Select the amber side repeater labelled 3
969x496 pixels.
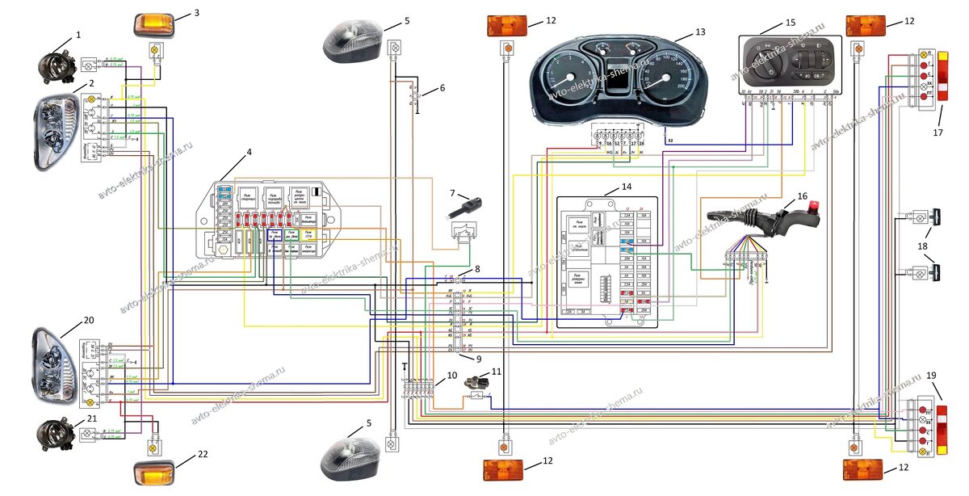point(151,23)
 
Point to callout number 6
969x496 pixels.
point(442,86)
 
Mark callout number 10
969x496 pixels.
point(452,376)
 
